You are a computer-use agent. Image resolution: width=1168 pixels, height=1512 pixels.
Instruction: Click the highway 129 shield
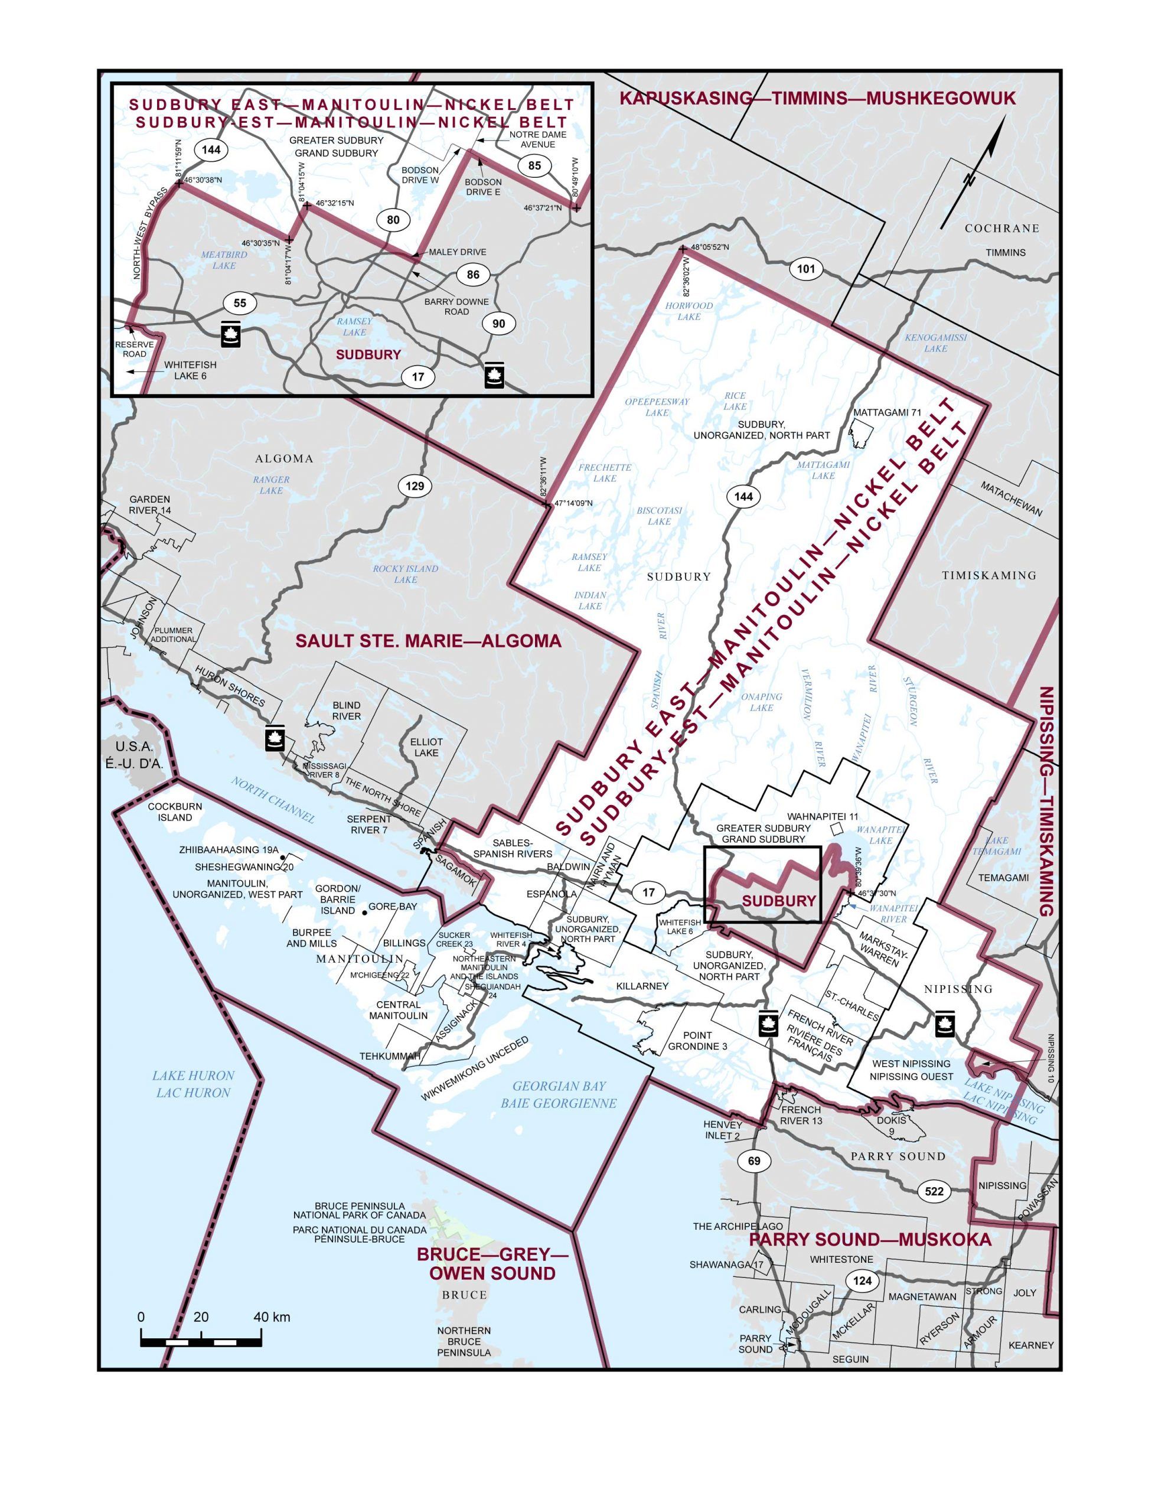(x=415, y=486)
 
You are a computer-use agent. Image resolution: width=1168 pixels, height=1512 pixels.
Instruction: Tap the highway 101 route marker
(x=806, y=269)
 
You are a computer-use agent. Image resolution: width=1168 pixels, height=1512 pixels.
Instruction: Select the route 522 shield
(x=934, y=1191)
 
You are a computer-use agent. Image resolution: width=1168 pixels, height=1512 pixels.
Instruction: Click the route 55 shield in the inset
(x=240, y=303)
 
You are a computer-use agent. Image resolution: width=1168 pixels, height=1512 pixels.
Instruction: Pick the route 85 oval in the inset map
(x=534, y=165)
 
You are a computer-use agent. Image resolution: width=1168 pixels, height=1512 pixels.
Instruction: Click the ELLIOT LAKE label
(x=426, y=747)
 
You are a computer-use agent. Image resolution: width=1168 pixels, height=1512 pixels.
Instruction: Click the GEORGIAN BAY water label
(x=559, y=1094)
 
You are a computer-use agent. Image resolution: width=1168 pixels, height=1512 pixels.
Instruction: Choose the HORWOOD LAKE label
(x=689, y=311)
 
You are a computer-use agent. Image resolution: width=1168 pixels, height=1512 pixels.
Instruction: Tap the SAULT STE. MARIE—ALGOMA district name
(x=428, y=641)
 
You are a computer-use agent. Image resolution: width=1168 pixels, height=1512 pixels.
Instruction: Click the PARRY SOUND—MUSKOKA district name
(x=870, y=1240)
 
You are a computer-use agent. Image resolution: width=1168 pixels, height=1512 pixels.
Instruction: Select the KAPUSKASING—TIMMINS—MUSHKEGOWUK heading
(x=817, y=98)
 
